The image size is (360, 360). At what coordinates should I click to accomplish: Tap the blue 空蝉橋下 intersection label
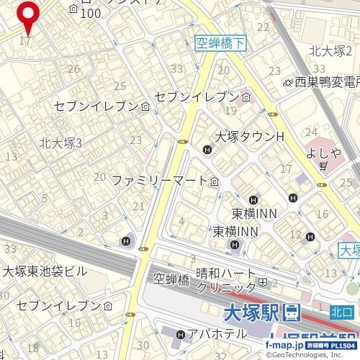[x=221, y=44]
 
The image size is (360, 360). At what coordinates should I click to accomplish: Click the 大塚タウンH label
[x=250, y=137]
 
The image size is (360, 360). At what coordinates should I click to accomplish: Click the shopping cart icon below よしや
[x=325, y=166]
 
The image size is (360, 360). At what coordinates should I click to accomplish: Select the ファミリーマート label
[x=160, y=181]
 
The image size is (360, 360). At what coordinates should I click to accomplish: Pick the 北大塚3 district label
[x=61, y=143]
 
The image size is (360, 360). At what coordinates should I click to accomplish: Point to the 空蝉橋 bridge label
[x=171, y=279]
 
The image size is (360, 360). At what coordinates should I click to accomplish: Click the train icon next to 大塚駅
[x=292, y=313]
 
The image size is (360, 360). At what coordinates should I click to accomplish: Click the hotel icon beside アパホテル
[x=180, y=334]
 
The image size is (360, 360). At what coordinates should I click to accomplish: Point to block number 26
[x=73, y=69]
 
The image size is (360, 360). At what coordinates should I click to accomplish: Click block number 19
[x=230, y=110]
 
